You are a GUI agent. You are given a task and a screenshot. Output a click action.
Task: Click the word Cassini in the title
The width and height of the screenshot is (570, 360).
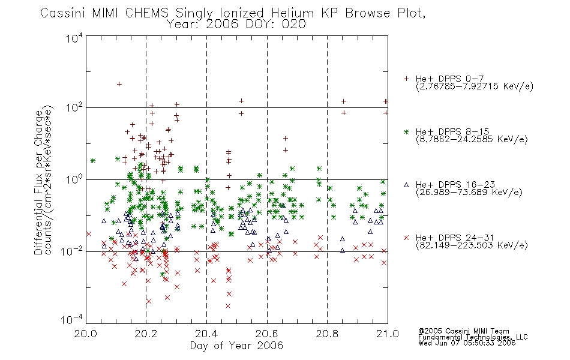tap(62, 13)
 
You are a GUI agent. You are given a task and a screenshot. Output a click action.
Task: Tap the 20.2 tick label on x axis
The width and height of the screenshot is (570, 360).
tap(146, 334)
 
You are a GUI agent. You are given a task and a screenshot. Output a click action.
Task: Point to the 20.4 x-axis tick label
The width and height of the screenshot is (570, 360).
tap(206, 334)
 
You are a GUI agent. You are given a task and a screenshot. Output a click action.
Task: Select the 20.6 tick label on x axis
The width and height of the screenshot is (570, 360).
tap(267, 334)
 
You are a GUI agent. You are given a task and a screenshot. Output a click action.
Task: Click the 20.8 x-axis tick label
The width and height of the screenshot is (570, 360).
tap(327, 334)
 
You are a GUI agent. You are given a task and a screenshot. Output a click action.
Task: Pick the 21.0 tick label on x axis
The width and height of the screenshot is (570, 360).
tap(388, 334)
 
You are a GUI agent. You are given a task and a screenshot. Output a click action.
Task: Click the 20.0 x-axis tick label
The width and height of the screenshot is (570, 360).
tap(85, 334)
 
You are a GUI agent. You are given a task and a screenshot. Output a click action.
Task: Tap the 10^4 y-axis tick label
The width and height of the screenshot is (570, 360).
tap(74, 38)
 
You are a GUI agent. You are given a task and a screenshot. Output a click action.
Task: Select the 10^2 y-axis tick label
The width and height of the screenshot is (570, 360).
tap(74, 108)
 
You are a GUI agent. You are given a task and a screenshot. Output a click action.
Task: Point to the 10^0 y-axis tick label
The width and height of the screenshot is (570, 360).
tap(74, 179)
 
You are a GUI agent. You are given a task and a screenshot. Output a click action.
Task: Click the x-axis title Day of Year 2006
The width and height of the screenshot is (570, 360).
tap(236, 346)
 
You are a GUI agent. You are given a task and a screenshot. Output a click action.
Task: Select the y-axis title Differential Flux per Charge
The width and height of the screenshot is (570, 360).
tap(39, 182)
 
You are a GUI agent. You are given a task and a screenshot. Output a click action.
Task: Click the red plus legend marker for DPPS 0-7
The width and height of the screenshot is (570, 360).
tap(406, 79)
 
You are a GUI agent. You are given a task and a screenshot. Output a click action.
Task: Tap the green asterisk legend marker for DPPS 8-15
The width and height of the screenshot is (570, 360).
tap(406, 132)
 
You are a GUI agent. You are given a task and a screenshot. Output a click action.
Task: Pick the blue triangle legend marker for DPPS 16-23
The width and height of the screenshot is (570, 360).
tap(406, 185)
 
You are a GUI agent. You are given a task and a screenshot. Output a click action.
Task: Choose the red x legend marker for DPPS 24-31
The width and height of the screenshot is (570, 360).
tap(406, 238)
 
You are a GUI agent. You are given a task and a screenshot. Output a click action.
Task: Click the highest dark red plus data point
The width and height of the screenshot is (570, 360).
tap(119, 85)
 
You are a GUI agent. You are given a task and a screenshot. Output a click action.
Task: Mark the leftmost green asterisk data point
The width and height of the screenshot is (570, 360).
tap(92, 160)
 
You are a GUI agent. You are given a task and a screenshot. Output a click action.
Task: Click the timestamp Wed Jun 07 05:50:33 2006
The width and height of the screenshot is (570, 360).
tap(467, 343)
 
